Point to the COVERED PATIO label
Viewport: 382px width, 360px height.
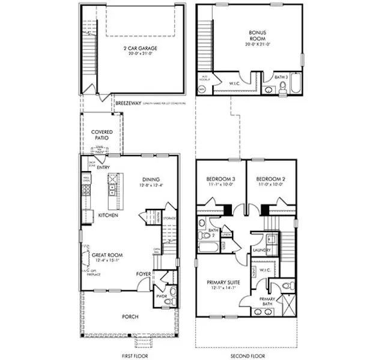click(x=102, y=134)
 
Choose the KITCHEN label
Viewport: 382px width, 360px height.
click(x=108, y=215)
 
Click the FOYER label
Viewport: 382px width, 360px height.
click(x=143, y=274)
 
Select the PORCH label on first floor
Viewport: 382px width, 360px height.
click(x=130, y=316)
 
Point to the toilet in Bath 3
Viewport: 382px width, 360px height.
click(x=283, y=89)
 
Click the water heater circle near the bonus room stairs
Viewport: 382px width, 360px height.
click(x=201, y=89)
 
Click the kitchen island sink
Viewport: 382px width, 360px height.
click(x=112, y=191)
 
